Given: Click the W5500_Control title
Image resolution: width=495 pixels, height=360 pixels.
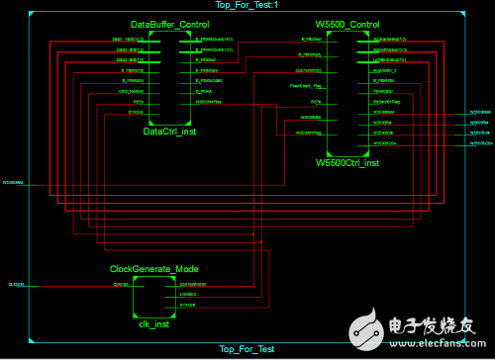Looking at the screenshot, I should point(354,23).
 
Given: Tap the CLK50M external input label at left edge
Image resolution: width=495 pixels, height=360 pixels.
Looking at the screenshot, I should point(16,285).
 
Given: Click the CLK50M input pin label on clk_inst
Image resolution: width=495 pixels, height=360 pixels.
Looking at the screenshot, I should point(121,285).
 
